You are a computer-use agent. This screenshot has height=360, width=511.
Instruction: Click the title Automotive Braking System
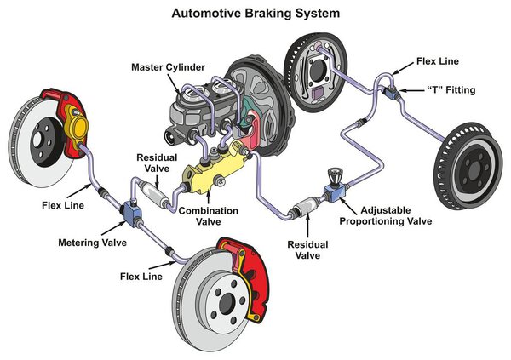tap(255, 14)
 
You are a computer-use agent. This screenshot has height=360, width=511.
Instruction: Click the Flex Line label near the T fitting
tap(438, 61)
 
